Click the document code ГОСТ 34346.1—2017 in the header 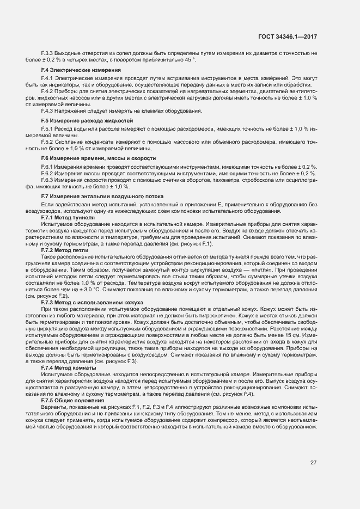287,36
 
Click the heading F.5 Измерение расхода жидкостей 80,120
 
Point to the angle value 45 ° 189,59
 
